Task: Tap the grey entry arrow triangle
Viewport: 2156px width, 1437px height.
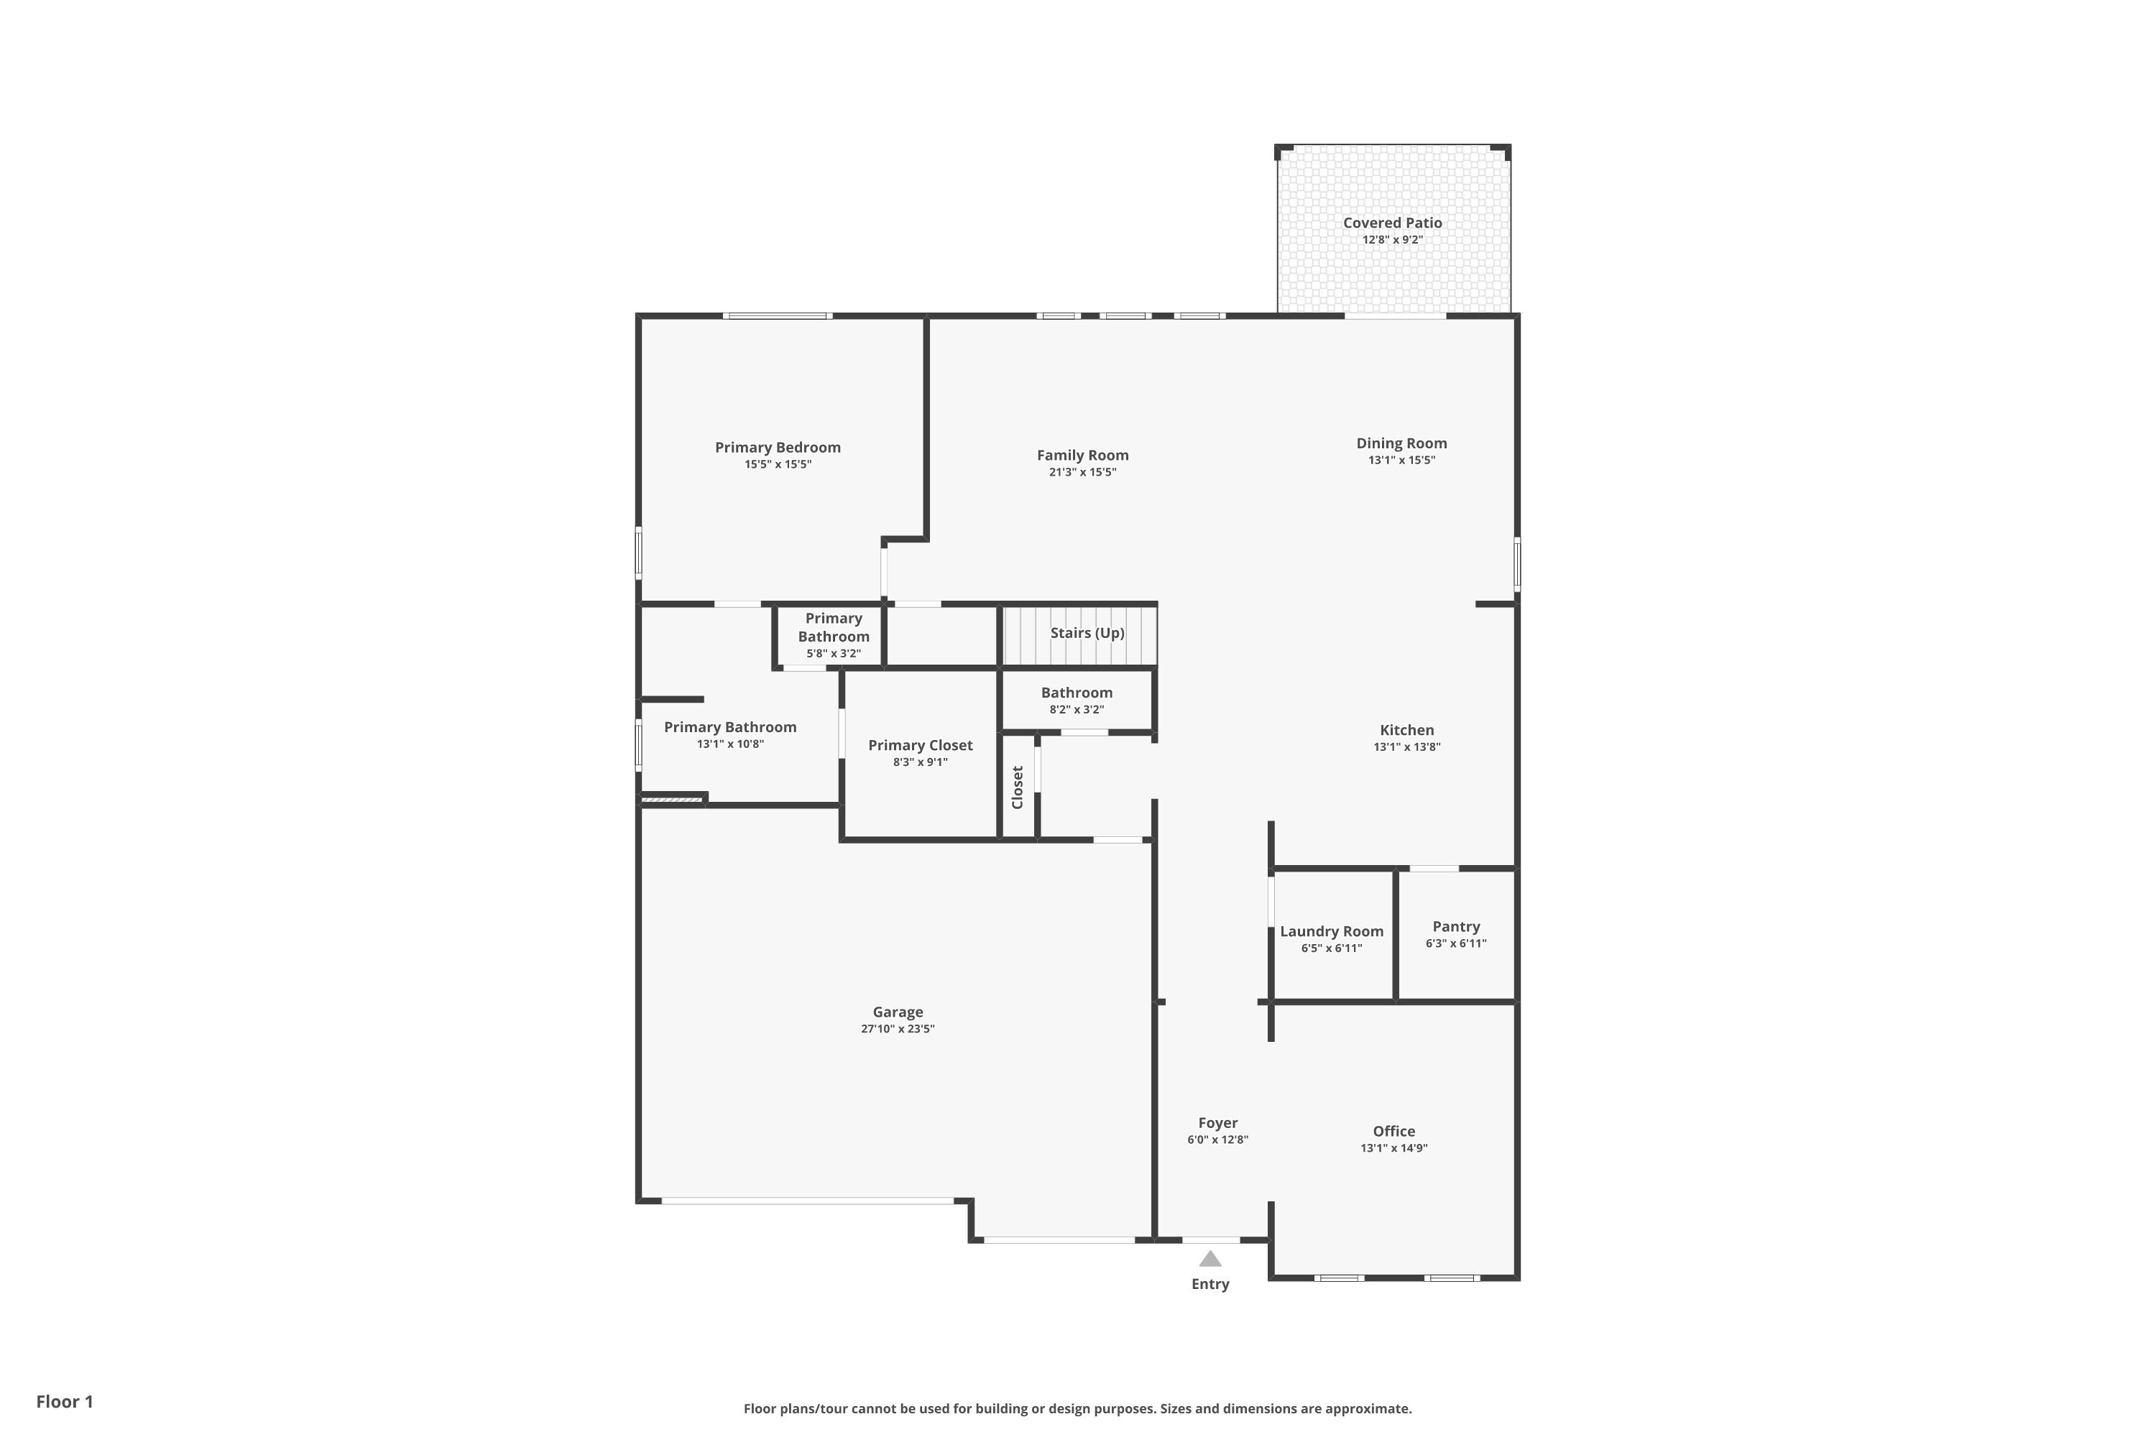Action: point(1210,1260)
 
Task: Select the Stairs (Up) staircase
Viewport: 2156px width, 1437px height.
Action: point(1080,634)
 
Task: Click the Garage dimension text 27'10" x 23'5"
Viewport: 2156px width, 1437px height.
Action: point(898,1029)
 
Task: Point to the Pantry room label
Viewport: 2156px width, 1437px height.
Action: point(1456,927)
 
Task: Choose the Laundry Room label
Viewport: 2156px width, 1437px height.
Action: point(1331,931)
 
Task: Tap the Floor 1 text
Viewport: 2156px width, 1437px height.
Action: point(64,1401)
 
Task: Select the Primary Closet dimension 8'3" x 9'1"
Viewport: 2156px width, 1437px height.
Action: point(921,762)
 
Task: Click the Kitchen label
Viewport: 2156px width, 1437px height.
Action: point(1406,731)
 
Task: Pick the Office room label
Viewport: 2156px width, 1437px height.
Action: point(1393,1131)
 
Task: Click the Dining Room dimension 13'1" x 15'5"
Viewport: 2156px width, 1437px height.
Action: point(1401,460)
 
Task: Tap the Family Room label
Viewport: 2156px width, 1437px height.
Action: point(1082,456)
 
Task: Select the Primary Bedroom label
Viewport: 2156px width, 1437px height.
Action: point(778,447)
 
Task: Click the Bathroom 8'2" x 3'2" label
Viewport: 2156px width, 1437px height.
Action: point(1076,693)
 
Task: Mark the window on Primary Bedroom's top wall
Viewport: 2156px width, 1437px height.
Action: point(778,316)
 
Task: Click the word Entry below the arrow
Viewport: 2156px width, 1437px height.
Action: point(1210,1284)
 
